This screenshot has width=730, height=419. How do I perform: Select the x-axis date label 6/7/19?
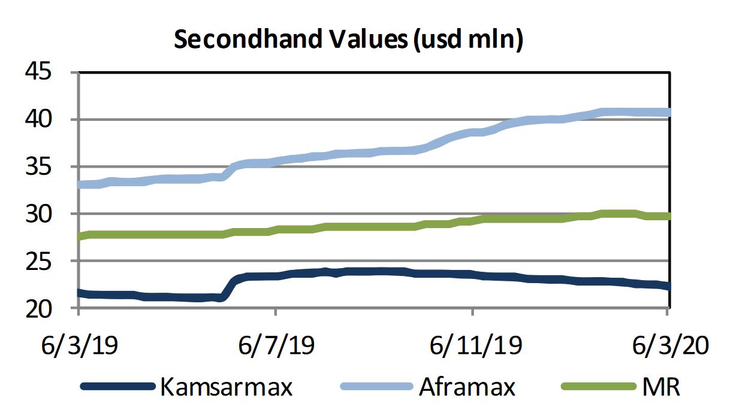(276, 346)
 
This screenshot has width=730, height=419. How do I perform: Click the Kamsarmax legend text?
(226, 387)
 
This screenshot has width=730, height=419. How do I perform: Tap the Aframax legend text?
(467, 387)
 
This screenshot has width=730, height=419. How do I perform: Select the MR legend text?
(661, 387)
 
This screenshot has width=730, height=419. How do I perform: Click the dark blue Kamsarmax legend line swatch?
(117, 387)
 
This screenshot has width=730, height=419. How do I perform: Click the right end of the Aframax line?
(666, 113)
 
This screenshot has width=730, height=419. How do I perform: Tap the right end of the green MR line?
(666, 216)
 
